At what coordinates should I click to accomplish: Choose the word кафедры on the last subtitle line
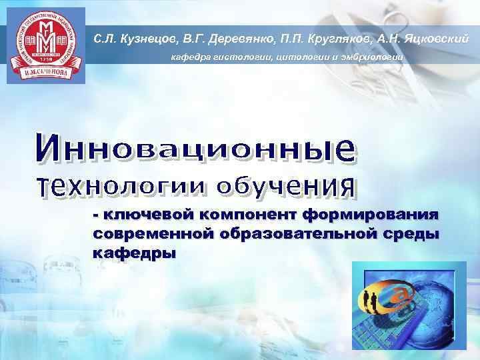pos(134,254)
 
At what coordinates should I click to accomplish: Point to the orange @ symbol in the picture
pos(404,294)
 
